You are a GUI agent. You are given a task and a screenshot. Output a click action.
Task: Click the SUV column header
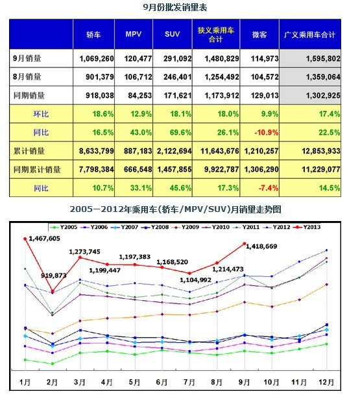(x=173, y=34)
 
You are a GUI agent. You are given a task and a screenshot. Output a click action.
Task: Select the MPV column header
(x=134, y=34)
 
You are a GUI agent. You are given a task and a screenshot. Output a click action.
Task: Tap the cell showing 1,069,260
(x=94, y=58)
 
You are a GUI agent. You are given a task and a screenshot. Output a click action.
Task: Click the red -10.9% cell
(x=259, y=132)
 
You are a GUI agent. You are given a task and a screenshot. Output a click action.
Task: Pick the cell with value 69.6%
(x=173, y=132)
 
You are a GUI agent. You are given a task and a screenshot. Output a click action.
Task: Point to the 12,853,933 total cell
(x=310, y=151)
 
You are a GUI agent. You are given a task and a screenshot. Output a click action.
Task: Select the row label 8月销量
(x=27, y=76)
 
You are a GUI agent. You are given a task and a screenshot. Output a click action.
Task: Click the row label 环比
(x=41, y=114)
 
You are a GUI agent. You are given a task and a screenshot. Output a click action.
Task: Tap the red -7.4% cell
(x=259, y=188)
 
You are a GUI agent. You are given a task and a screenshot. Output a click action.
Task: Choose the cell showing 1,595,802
(x=310, y=58)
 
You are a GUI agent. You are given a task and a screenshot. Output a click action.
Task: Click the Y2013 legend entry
(x=307, y=227)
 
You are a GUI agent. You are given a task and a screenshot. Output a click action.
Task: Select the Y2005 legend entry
(x=64, y=227)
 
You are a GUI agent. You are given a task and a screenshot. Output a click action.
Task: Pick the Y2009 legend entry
(x=186, y=227)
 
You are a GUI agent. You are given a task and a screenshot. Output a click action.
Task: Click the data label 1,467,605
(x=45, y=239)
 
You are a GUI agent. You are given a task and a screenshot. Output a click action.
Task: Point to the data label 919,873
(x=54, y=275)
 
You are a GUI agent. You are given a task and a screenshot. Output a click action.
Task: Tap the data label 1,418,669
(x=261, y=246)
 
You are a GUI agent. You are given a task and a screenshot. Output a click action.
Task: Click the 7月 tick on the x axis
(x=189, y=382)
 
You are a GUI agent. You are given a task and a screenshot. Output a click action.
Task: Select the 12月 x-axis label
(x=326, y=382)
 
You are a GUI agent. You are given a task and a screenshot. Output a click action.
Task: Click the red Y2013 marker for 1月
(x=25, y=239)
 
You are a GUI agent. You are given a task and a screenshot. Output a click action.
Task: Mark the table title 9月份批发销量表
(x=175, y=7)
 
